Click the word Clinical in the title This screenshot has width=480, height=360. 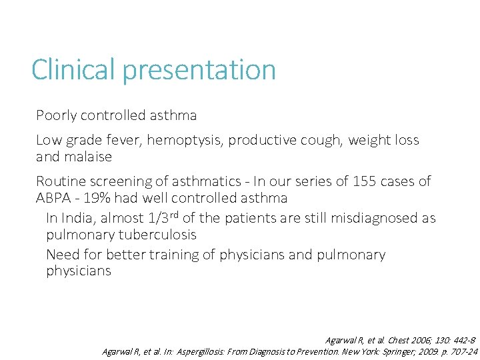pos(74,70)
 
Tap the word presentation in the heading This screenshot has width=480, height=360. pos(199,70)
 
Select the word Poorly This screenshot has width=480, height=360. pos(56,115)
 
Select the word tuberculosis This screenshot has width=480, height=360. pos(157,235)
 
